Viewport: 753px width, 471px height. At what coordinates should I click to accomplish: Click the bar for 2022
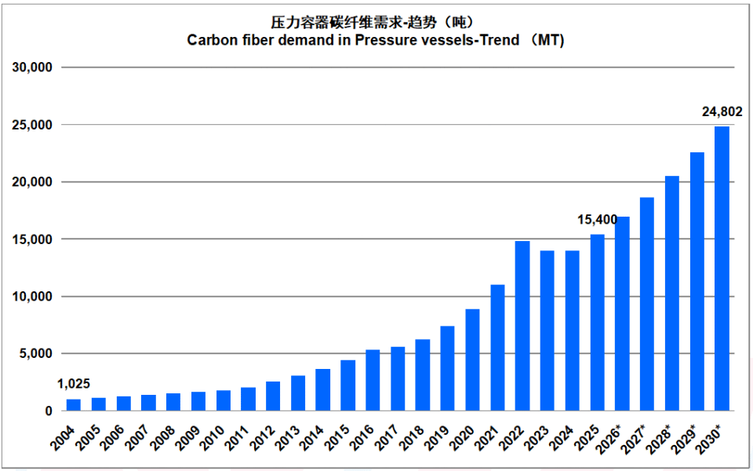pyautogui.click(x=522, y=326)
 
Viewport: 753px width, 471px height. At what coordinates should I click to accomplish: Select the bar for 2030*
pyautogui.click(x=722, y=268)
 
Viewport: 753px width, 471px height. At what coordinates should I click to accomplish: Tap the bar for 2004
pyautogui.click(x=74, y=405)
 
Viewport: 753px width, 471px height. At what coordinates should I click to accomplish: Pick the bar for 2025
pyautogui.click(x=598, y=323)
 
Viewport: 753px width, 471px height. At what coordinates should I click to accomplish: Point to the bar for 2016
pyautogui.click(x=373, y=380)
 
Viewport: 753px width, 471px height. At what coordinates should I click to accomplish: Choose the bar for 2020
pyautogui.click(x=472, y=360)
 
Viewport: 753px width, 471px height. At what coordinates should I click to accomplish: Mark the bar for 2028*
pyautogui.click(x=672, y=293)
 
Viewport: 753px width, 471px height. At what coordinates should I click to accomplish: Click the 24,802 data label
pyautogui.click(x=722, y=112)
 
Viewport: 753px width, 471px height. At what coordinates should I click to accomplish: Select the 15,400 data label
pyautogui.click(x=598, y=220)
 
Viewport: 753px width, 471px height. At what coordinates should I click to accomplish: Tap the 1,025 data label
pyautogui.click(x=74, y=384)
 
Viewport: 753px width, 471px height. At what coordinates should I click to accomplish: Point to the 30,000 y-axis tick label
pyautogui.click(x=31, y=68)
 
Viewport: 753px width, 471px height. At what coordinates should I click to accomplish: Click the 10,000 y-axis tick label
pyautogui.click(x=31, y=297)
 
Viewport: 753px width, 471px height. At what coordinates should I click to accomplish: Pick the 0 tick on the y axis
pyautogui.click(x=49, y=411)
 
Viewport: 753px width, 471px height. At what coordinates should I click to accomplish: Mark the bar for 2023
pyautogui.click(x=547, y=330)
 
